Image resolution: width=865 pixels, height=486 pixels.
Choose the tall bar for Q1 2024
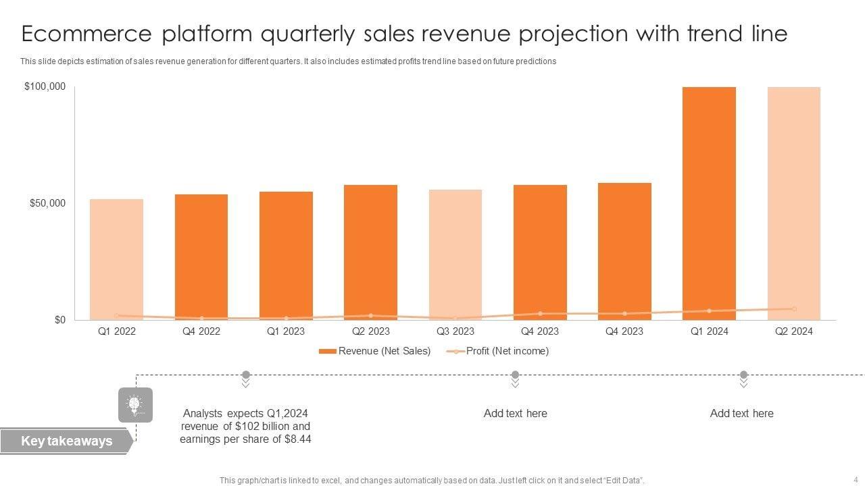(709, 202)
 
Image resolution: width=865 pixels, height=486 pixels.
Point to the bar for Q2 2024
(793, 202)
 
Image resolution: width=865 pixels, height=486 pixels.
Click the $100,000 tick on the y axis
(45, 86)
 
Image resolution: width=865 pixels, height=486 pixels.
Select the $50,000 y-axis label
(47, 203)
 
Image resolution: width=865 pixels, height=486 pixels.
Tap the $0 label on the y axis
(59, 320)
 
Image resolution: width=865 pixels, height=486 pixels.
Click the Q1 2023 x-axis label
(286, 331)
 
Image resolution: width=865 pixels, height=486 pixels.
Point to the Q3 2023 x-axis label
(455, 331)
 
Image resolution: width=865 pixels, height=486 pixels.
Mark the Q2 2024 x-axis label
(793, 331)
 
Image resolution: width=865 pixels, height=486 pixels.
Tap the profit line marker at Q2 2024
(794, 309)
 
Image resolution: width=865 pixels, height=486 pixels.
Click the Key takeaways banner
(66, 441)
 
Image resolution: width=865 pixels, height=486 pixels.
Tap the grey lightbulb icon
(135, 404)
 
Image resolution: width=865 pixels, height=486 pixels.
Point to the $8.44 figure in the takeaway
(297, 439)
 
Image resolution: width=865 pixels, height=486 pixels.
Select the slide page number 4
(855, 479)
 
